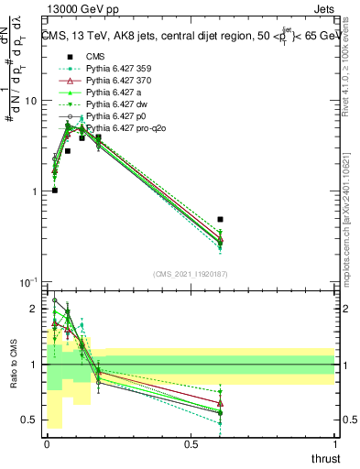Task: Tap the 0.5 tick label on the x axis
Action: tap(191, 444)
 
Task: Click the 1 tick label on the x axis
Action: tap(334, 444)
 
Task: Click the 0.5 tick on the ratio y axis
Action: tap(29, 420)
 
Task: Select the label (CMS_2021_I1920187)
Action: tap(191, 274)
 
